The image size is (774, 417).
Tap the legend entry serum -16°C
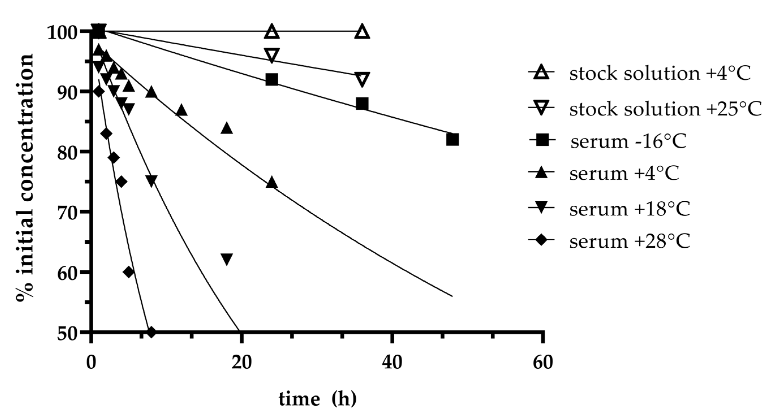628,141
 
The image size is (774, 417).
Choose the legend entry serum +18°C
629,209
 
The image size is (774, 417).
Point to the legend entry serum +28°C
629,241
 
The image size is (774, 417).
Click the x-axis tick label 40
392,362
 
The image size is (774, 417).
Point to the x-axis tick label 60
543,362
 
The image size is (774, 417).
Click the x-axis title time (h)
317,399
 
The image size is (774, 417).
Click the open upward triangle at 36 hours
362,32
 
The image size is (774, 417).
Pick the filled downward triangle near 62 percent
227,259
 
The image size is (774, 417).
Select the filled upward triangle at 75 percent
272,182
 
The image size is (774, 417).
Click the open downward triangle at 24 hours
272,55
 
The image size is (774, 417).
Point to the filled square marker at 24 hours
272,79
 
